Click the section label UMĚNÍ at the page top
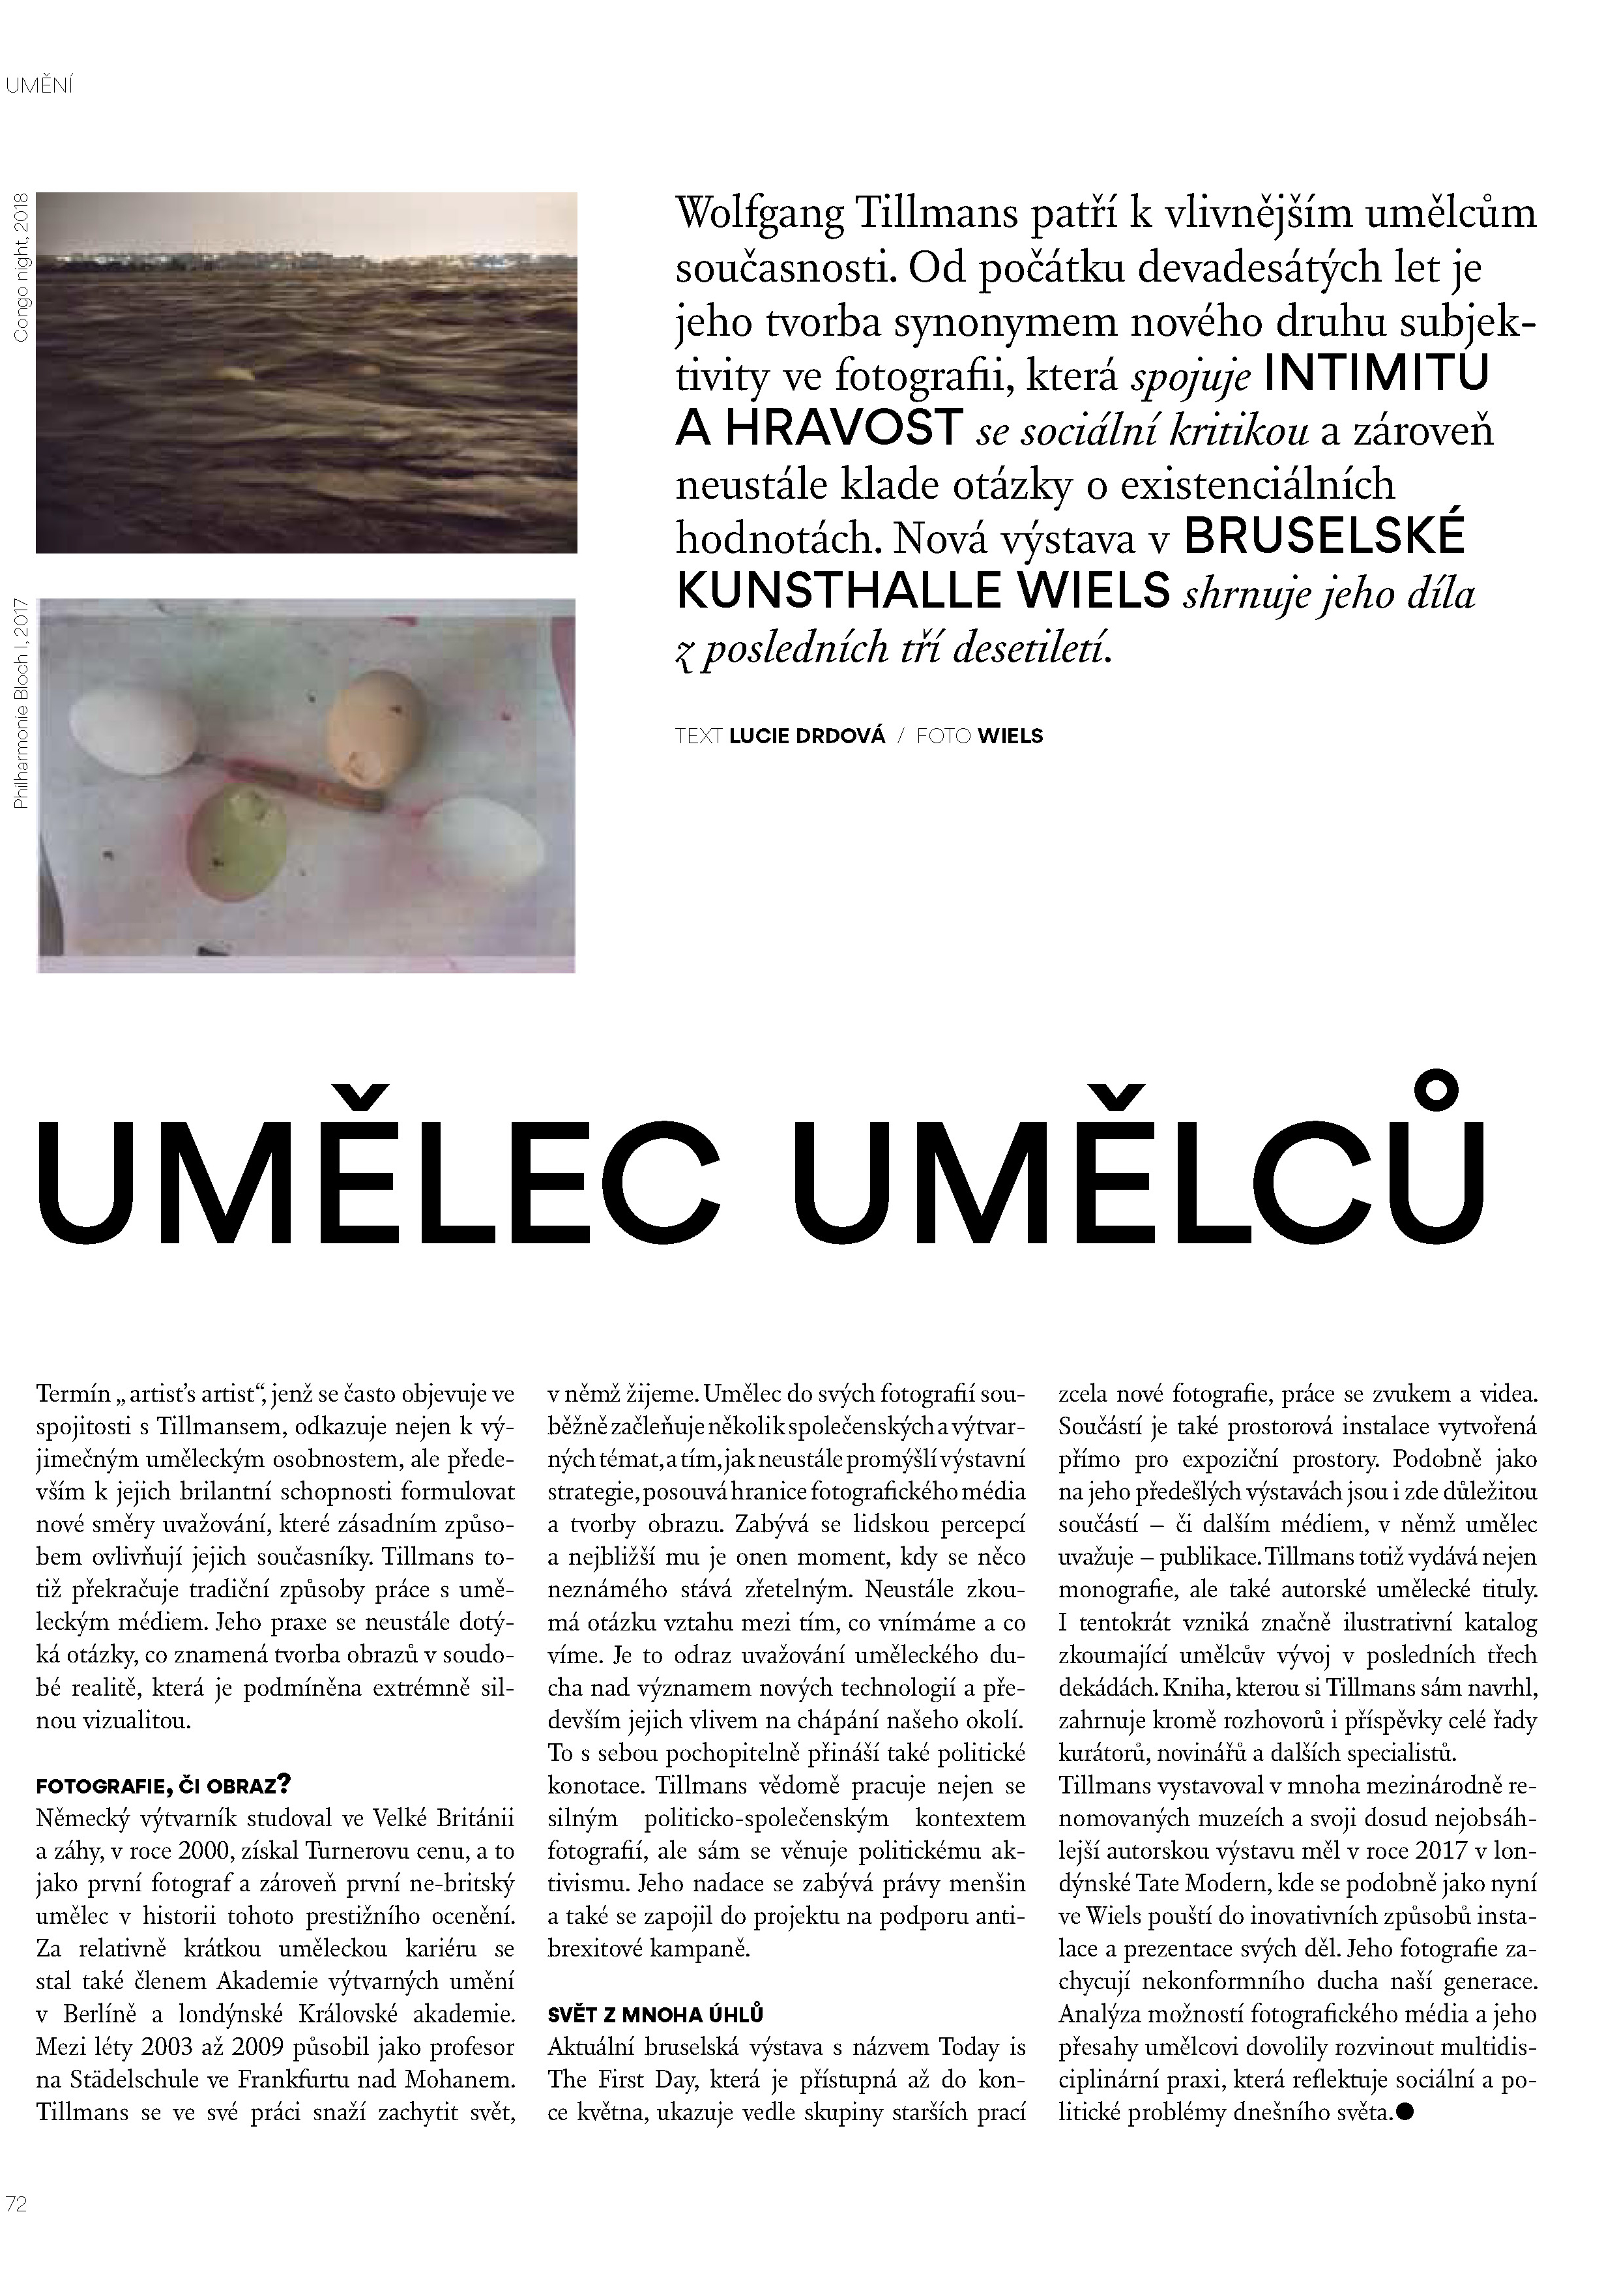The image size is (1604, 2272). (40, 86)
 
